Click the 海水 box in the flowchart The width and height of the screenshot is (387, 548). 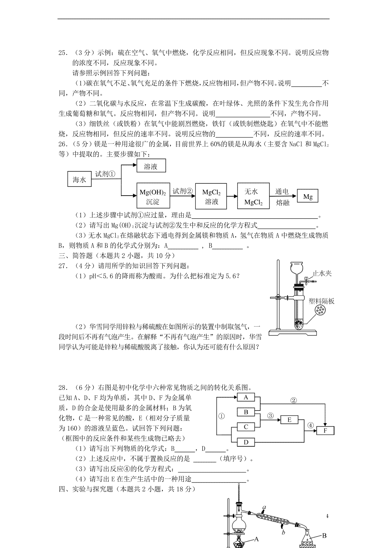click(x=79, y=179)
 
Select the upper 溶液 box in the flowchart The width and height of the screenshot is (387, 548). click(x=151, y=165)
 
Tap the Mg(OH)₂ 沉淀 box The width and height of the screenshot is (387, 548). click(x=153, y=195)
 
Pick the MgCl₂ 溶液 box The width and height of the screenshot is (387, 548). click(x=211, y=196)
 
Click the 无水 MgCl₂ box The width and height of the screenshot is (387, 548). click(x=253, y=196)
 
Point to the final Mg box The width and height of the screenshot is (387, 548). click(x=308, y=196)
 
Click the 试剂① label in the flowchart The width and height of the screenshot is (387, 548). click(x=105, y=174)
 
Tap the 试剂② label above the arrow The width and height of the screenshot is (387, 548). click(x=183, y=191)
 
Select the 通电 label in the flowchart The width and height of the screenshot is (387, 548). click(x=282, y=191)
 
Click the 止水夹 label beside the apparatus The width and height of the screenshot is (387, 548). click(x=322, y=273)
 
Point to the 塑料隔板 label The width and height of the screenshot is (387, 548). click(x=321, y=301)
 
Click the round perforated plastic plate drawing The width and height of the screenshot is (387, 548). click(x=320, y=310)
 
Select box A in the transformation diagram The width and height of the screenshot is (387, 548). click(x=246, y=397)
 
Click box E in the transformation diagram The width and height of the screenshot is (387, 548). click(x=289, y=420)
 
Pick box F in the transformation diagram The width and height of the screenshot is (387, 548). click(x=325, y=431)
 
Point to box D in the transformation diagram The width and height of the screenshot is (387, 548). click(x=246, y=442)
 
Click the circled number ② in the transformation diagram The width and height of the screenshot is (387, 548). click(x=293, y=401)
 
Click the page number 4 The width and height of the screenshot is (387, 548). click(x=327, y=516)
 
